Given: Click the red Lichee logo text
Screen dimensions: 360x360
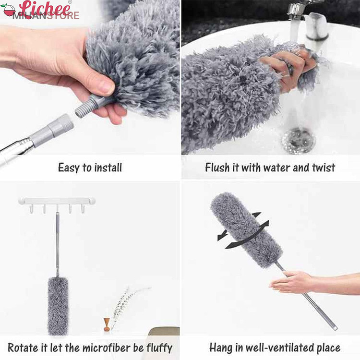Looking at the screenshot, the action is (45, 9).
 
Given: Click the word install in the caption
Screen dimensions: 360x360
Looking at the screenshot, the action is (108, 168).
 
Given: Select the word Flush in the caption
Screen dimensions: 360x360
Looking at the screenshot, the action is (217, 168).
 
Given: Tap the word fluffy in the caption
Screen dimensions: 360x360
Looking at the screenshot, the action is (159, 348).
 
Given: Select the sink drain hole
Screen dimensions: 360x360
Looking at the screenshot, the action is (299, 141).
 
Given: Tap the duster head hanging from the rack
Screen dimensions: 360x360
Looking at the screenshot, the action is (58, 306).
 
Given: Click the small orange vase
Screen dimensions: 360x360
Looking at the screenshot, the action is (107, 324).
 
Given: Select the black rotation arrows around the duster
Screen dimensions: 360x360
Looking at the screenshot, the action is (243, 231).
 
